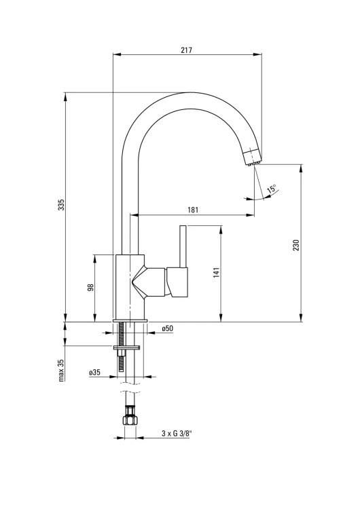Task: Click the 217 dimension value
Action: (187, 50)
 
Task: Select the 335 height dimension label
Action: (61, 204)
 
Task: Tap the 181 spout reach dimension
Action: (193, 210)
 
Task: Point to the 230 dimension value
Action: (295, 246)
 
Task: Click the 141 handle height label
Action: (217, 272)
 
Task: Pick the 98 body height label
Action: (90, 288)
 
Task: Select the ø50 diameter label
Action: (167, 328)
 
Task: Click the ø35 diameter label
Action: (94, 373)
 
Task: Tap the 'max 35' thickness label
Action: (61, 371)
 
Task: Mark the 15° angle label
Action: (272, 189)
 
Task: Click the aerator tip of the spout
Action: (253, 157)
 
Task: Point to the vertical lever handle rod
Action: (183, 246)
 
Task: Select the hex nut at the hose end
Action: (130, 419)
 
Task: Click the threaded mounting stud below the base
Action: (122, 346)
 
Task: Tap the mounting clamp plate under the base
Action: (127, 347)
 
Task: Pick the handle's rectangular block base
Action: (177, 282)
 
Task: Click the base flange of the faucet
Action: (130, 321)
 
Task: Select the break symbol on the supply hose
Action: (130, 389)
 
